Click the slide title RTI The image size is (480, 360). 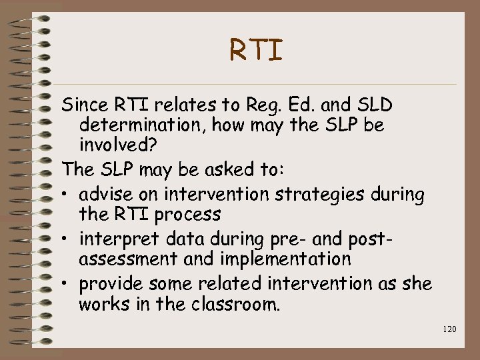(x=257, y=50)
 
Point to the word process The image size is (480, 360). (x=193, y=215)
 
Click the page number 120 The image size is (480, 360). (x=449, y=329)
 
